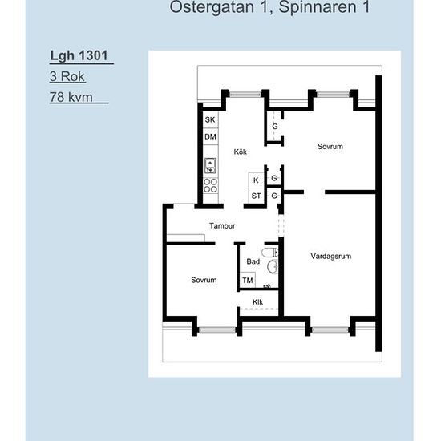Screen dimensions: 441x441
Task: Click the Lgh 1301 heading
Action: click(x=79, y=55)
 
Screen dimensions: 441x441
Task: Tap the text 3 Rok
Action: click(x=67, y=76)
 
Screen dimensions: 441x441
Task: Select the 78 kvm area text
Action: click(x=71, y=97)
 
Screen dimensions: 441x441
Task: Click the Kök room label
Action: click(x=241, y=152)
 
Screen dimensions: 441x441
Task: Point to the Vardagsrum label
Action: click(x=330, y=257)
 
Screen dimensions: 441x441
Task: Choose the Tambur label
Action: click(x=222, y=225)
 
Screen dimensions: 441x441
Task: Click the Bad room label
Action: click(x=253, y=261)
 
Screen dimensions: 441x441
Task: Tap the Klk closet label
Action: click(x=257, y=302)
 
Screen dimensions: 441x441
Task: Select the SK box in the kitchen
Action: click(x=210, y=119)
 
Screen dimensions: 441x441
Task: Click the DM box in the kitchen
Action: click(x=210, y=136)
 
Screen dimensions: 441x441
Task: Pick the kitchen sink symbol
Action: click(x=210, y=165)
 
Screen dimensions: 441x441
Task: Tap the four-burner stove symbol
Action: click(x=210, y=186)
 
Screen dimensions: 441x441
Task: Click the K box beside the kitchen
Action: click(x=256, y=180)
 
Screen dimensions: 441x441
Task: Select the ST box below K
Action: click(x=256, y=196)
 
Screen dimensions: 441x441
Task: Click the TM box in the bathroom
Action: click(x=248, y=280)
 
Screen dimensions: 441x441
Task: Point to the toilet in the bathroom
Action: click(x=269, y=253)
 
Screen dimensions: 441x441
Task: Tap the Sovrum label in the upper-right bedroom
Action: click(x=330, y=147)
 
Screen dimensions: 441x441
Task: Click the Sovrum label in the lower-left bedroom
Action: click(x=204, y=280)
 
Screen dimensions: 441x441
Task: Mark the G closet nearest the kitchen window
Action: click(x=275, y=127)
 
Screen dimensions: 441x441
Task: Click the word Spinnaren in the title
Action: click(x=318, y=6)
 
